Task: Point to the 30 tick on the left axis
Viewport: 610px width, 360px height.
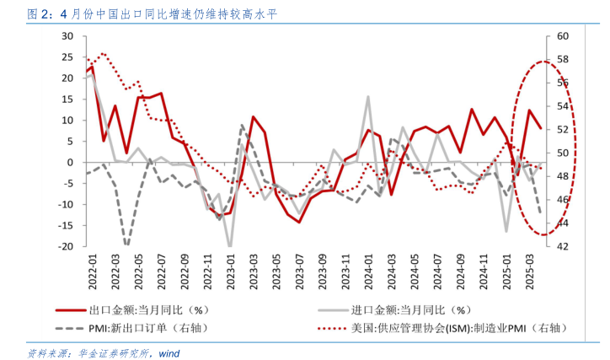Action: [x=67, y=36]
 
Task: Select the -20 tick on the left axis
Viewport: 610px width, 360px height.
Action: [x=65, y=246]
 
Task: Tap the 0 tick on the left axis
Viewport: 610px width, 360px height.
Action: [x=71, y=162]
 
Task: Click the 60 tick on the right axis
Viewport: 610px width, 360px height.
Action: [x=562, y=36]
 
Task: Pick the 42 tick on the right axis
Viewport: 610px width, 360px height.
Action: [x=562, y=246]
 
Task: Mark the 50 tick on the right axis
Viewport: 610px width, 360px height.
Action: [x=562, y=153]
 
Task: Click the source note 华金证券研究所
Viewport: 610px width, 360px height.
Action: [x=110, y=352]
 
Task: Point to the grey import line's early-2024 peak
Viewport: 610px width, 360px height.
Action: [x=368, y=97]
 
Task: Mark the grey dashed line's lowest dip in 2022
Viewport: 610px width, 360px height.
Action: [x=126, y=245]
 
